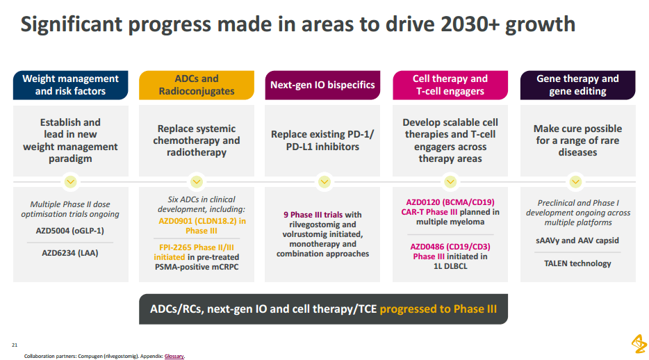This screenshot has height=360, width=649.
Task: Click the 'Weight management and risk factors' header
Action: click(x=70, y=85)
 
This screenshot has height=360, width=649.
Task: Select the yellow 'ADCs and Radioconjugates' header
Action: click(x=197, y=85)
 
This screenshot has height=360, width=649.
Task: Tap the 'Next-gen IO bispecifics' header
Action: click(x=322, y=85)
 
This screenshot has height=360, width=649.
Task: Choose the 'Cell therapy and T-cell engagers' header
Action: click(x=450, y=85)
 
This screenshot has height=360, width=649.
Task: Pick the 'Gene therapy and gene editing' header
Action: click(x=578, y=85)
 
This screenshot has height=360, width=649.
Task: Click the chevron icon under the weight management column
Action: click(x=70, y=181)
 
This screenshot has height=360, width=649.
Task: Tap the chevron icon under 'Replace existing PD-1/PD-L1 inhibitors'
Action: click(x=324, y=181)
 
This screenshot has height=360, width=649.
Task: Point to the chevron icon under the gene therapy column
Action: click(x=575, y=181)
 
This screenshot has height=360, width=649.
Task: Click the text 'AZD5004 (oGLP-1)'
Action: click(x=70, y=231)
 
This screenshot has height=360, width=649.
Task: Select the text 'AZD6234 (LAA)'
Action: click(x=70, y=253)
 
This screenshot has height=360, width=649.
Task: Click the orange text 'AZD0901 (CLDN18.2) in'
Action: click(x=202, y=221)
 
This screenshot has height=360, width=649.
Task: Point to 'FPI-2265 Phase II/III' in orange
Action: click(x=197, y=247)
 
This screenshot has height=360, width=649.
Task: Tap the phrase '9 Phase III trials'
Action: click(x=313, y=215)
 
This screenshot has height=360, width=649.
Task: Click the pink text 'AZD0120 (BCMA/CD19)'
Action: click(x=450, y=202)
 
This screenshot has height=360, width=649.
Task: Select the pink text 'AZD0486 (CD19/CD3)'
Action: click(x=450, y=247)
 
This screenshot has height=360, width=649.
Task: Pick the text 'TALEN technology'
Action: click(x=577, y=263)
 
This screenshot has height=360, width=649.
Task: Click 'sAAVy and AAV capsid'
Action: click(x=577, y=240)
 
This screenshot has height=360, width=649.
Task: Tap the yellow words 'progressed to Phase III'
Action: click(x=438, y=309)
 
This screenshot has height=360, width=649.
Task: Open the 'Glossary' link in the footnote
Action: click(x=174, y=357)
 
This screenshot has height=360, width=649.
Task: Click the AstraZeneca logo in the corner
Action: click(x=639, y=344)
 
